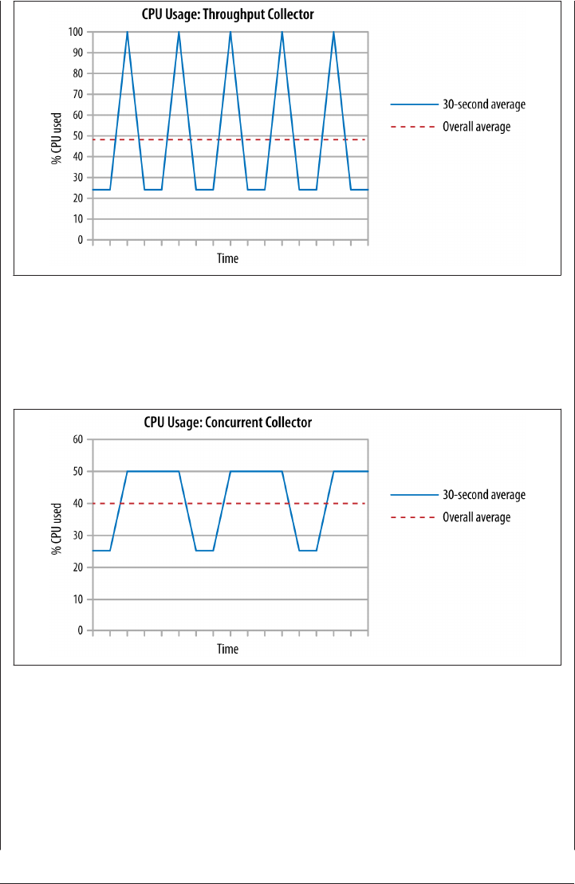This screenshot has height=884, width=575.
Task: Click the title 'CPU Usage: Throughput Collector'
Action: (228, 14)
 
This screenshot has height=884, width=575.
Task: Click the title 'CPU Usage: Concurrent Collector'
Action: (228, 422)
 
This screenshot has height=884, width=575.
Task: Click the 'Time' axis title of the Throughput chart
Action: (228, 258)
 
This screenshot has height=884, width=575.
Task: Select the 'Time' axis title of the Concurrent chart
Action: (228, 649)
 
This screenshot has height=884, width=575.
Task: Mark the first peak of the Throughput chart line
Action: (128, 33)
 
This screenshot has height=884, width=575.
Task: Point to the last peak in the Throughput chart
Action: (333, 33)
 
